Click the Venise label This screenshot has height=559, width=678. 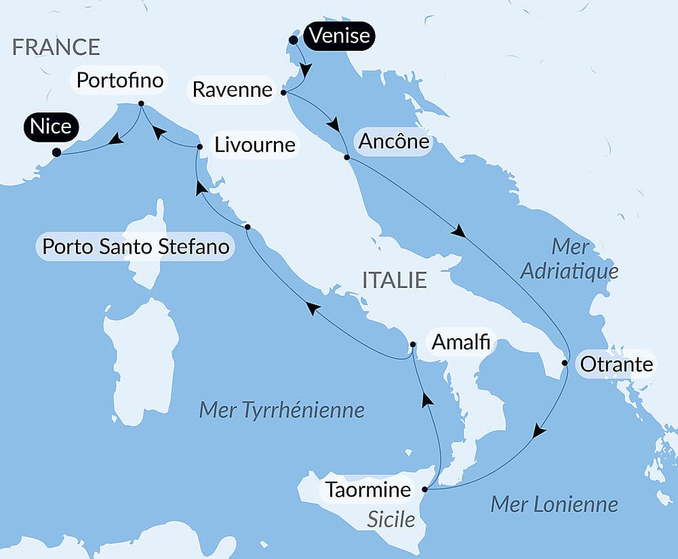click(340, 35)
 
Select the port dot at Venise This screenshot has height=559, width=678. click(293, 40)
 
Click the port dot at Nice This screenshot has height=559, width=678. click(57, 152)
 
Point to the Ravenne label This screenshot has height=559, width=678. click(233, 89)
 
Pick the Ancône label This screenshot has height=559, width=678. click(394, 142)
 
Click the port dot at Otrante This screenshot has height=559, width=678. click(565, 363)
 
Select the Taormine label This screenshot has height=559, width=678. click(368, 489)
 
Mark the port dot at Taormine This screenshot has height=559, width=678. click(425, 489)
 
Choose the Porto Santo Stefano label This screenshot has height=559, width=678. click(136, 246)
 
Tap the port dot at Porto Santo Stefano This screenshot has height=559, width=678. click(247, 226)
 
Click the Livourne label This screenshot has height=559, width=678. click(254, 145)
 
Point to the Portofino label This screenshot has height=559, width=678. click(120, 81)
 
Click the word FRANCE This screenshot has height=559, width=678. click(56, 47)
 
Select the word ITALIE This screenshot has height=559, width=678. click(395, 280)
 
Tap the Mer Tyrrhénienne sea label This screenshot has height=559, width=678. click(281, 409)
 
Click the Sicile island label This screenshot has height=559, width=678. click(391, 519)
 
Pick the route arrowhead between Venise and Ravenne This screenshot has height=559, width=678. click(306, 70)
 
